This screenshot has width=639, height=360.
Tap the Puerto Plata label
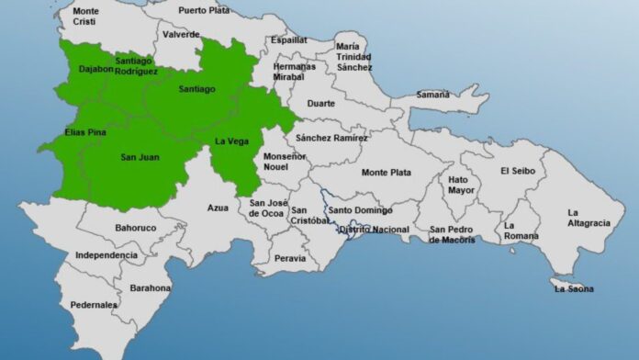click(204, 10)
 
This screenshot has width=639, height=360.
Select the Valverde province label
click(181, 34)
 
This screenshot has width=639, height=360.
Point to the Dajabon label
click(95, 68)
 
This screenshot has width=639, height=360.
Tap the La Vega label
click(230, 141)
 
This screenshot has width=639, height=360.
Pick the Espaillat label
click(289, 40)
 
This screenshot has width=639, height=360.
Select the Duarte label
click(320, 104)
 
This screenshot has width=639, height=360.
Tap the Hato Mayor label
click(464, 186)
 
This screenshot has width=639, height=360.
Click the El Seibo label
click(519, 170)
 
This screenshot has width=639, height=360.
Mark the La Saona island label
click(574, 289)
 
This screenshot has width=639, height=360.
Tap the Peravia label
click(290, 259)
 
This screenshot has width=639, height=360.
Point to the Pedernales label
click(94, 305)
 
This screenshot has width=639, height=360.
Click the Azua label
click(218, 208)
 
